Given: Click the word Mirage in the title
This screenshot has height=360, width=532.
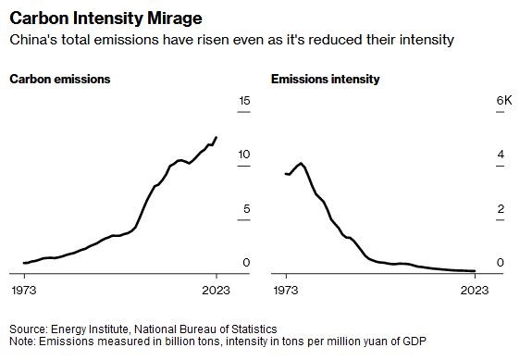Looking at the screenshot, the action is click(174, 19).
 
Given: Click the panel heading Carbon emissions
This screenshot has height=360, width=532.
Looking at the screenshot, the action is click(60, 79).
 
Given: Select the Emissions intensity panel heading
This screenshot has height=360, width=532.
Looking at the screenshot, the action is click(325, 79).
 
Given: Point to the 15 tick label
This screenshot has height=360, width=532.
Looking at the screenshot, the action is click(244, 101).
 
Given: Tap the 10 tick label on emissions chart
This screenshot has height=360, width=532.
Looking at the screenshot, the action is click(244, 155).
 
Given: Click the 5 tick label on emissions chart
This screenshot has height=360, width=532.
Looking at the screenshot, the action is click(247, 208).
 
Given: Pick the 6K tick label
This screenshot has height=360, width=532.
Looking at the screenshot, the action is click(504, 101).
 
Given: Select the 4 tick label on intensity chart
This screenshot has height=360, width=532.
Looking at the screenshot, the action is click(501, 155).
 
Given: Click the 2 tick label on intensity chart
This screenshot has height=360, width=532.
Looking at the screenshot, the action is click(501, 208).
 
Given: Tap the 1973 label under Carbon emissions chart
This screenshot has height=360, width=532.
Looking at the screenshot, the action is click(24, 291).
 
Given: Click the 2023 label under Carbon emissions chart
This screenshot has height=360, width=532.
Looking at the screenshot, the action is click(216, 291).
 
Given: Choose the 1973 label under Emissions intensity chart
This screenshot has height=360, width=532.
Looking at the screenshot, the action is click(286, 291).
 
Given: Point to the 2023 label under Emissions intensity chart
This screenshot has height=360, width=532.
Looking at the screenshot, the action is click(475, 291).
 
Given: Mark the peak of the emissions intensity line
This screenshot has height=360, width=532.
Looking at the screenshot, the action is click(301, 164).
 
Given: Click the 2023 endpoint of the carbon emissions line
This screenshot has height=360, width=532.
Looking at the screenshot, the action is click(217, 137).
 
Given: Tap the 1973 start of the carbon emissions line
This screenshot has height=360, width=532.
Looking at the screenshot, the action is click(24, 263).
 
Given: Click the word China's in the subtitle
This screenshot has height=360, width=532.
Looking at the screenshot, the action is click(33, 40).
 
